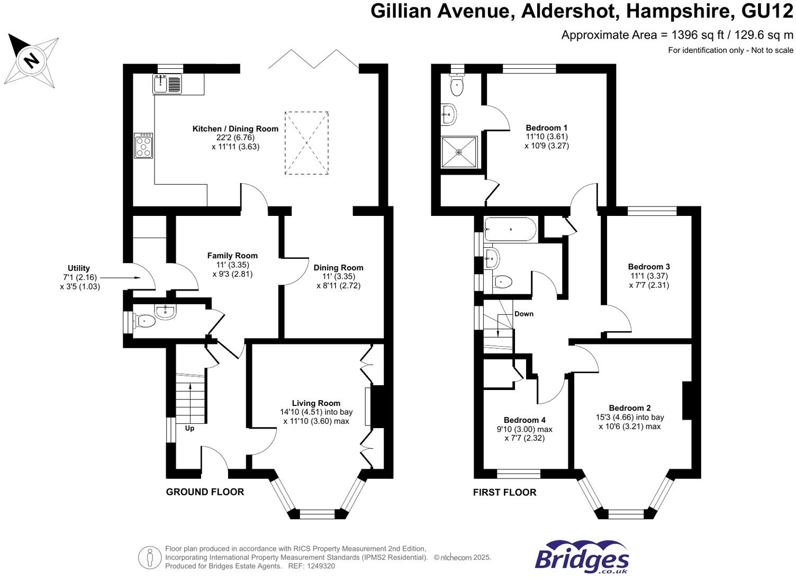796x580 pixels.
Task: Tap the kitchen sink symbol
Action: coord(167,84)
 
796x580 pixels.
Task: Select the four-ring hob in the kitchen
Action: coord(143,146)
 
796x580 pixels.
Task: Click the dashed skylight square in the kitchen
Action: coord(306,143)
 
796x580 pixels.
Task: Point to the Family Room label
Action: coord(232,256)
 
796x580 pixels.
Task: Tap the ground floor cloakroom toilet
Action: coord(144,321)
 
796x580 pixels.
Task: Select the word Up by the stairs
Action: coord(189,428)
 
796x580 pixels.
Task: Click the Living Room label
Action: coord(316,403)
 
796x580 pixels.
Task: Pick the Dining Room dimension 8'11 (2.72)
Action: coord(338,286)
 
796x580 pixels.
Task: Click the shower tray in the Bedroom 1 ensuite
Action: coord(459,152)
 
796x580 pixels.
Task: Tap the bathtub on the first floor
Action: coord(510,230)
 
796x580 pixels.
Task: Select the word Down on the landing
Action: coord(523,314)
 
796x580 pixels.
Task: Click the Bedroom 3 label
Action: coord(649,267)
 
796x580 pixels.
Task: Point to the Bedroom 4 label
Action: coord(524,420)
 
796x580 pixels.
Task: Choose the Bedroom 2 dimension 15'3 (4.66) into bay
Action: coord(629,417)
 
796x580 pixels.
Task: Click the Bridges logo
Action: coord(582,558)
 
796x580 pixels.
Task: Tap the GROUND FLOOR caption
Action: coord(205,492)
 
